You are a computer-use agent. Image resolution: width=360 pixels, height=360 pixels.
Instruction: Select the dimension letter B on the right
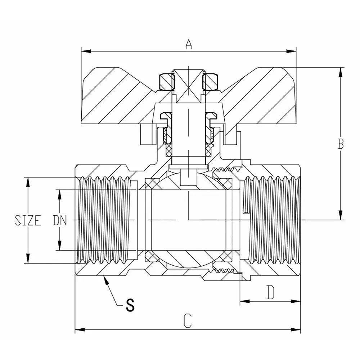(341, 144)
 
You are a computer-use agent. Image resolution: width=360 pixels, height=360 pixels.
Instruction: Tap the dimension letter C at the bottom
(187, 320)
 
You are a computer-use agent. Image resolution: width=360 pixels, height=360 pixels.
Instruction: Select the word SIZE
(28, 220)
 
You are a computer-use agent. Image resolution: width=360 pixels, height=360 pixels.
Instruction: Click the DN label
(60, 220)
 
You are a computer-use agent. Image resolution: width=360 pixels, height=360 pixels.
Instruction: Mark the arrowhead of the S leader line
(105, 279)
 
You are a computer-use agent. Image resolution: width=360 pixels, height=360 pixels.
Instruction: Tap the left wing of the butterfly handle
(115, 97)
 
